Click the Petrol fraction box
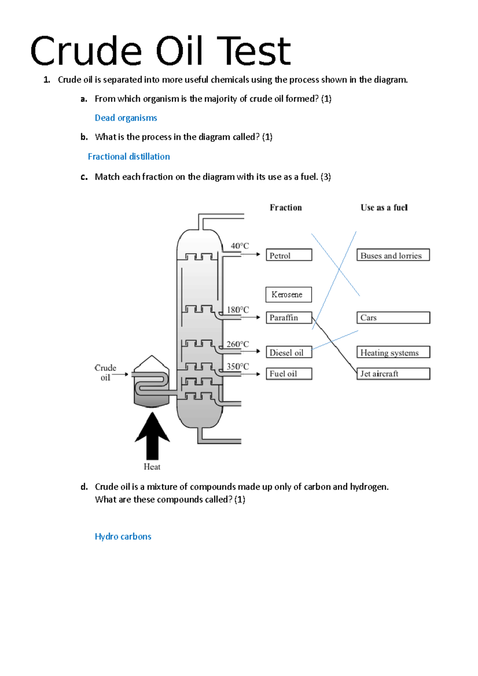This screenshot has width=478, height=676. click(x=289, y=255)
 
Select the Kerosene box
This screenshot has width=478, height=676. click(x=288, y=295)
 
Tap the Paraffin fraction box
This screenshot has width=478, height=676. click(x=289, y=318)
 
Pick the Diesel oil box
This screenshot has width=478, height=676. click(x=289, y=352)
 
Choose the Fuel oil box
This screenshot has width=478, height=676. click(x=289, y=374)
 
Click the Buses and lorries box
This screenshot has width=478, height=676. click(x=393, y=255)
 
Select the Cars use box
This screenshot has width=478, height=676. click(x=393, y=318)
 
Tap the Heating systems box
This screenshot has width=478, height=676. click(x=393, y=352)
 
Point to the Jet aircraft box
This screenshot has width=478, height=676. click(x=393, y=374)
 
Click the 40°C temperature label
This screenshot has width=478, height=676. click(x=240, y=246)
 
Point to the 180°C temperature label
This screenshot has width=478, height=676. click(x=238, y=310)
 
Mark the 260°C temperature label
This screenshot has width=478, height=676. click(x=238, y=344)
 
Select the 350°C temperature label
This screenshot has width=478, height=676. click(x=238, y=366)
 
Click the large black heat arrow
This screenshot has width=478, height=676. click(x=152, y=436)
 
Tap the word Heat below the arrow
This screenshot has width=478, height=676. click(x=152, y=467)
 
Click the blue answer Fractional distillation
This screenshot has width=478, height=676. click(x=129, y=156)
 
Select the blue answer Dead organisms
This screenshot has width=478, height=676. click(x=126, y=118)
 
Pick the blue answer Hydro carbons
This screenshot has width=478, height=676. click(x=123, y=536)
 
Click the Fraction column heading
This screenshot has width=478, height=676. click(x=286, y=207)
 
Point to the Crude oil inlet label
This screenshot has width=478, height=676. click(x=106, y=373)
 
